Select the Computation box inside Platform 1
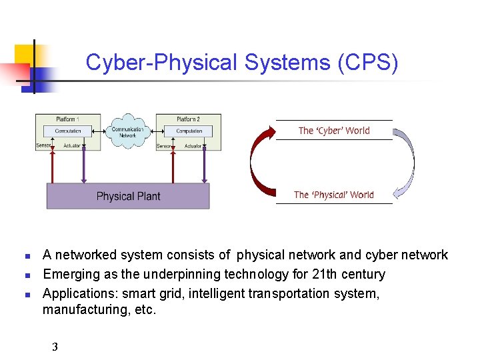pos(68,131)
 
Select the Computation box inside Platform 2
pos(189,131)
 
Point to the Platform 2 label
pos(189,119)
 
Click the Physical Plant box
pos(128,196)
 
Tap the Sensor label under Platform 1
pos(44,145)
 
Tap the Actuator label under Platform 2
pos(193,146)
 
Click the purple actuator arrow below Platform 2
pos(203,165)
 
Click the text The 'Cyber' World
pos(334,131)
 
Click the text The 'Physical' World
pos(334,195)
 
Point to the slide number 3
pos(55,347)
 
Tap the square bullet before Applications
pos(27,294)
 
